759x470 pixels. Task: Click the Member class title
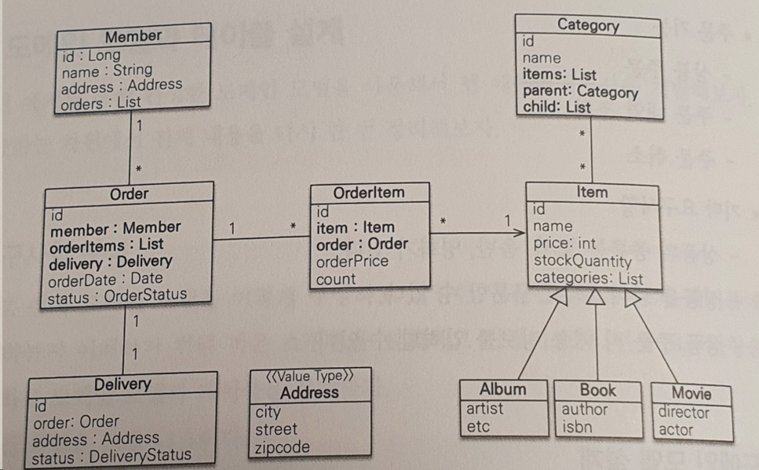pyautogui.click(x=133, y=36)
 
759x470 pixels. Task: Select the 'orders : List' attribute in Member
pyautogui.click(x=102, y=102)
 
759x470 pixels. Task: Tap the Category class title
pyautogui.click(x=588, y=25)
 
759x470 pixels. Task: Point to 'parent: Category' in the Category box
pyautogui.click(x=580, y=91)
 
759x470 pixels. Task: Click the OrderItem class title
pyautogui.click(x=369, y=193)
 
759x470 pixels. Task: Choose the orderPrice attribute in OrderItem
pyautogui.click(x=352, y=261)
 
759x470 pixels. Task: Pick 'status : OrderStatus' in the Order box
pyautogui.click(x=117, y=296)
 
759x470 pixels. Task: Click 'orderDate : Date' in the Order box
pyautogui.click(x=106, y=278)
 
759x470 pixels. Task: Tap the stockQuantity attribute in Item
pyautogui.click(x=582, y=261)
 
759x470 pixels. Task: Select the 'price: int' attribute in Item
pyautogui.click(x=564, y=244)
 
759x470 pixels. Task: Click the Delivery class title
pyautogui.click(x=122, y=384)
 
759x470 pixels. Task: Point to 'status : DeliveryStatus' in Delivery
pyautogui.click(x=111, y=455)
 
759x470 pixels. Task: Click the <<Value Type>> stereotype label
pyautogui.click(x=310, y=376)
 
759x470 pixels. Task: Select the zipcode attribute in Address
pyautogui.click(x=283, y=447)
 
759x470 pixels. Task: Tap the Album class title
pyautogui.click(x=503, y=389)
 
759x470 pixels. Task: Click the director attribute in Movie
pyautogui.click(x=684, y=413)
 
